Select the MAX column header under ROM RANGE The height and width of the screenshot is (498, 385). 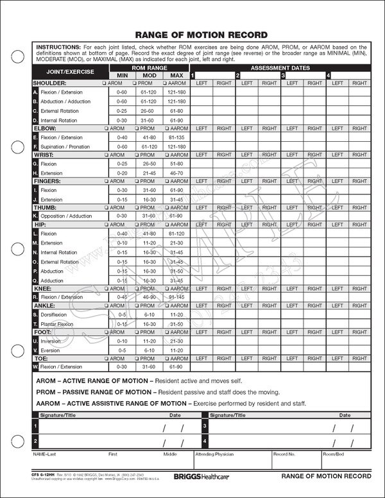click(176, 75)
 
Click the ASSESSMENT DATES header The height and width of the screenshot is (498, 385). click(280, 67)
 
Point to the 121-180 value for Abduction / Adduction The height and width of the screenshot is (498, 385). click(176, 101)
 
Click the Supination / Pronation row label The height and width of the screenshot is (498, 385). click(65, 146)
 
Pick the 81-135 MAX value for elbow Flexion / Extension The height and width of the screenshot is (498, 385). click(176, 137)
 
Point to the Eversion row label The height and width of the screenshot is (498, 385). click(51, 350)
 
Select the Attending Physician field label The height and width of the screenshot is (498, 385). click(216, 454)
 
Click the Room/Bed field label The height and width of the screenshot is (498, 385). click(334, 454)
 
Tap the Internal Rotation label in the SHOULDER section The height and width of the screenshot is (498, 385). click(58, 120)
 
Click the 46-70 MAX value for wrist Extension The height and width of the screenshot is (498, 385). click(176, 173)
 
